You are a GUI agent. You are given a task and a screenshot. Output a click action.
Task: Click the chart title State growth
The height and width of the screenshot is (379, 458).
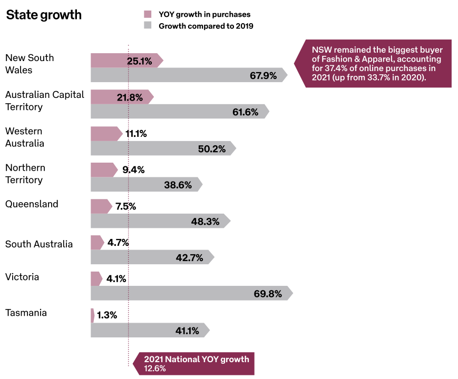(44, 15)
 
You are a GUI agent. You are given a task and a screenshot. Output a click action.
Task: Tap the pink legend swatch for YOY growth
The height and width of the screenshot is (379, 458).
(148, 14)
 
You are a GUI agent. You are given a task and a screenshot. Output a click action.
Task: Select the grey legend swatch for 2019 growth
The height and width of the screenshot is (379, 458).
(148, 25)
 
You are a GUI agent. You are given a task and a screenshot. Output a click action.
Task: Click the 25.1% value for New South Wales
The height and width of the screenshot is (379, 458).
(139, 61)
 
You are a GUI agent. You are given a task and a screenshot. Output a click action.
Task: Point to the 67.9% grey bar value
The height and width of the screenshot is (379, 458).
(263, 75)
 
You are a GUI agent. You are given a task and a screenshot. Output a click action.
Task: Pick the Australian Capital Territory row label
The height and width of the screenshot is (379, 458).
(45, 101)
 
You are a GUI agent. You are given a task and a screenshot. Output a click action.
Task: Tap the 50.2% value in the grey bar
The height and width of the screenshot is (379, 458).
(212, 148)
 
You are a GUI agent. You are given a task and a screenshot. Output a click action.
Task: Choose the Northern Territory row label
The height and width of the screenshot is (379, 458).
(25, 174)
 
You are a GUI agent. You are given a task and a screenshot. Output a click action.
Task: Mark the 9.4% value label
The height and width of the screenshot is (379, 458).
(133, 170)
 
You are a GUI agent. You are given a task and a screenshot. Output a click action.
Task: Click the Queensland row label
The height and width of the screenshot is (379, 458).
(32, 204)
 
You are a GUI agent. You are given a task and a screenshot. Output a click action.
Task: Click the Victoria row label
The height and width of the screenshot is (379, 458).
(22, 277)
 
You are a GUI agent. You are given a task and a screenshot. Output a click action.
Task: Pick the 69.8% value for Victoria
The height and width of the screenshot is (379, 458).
(268, 294)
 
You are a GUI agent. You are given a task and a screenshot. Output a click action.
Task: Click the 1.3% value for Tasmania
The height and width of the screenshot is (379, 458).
(107, 315)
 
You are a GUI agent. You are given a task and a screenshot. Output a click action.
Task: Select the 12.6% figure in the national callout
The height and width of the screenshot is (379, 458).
(155, 368)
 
